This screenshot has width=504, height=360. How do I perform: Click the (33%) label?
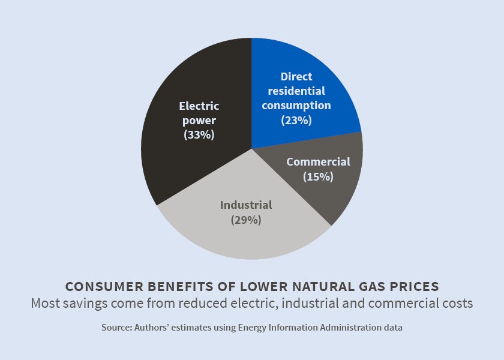[199, 135]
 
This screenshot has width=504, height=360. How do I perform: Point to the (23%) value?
[296, 120]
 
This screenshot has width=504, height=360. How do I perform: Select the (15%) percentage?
[318, 176]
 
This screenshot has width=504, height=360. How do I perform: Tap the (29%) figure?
[246, 220]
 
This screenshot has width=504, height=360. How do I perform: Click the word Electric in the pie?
[199, 106]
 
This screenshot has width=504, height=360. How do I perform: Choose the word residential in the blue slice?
[296, 91]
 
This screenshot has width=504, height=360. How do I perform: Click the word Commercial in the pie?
[318, 162]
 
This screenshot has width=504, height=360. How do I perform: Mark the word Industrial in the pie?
[246, 205]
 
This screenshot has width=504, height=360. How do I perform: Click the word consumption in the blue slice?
[296, 106]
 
